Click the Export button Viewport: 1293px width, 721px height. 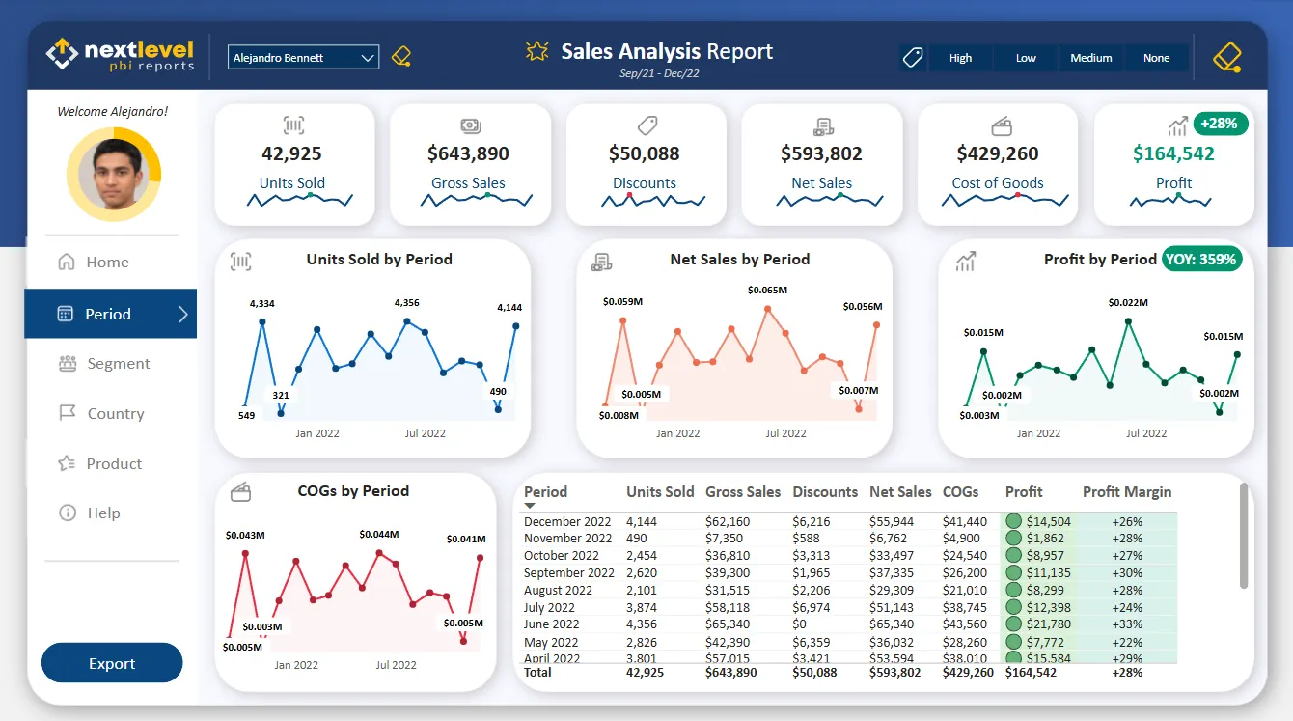tap(112, 663)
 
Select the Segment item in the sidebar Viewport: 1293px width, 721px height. tap(118, 364)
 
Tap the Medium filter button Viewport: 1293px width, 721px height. tap(1090, 58)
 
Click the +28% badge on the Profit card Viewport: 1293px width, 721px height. tap(1221, 124)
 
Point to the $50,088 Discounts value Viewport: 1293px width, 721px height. tap(644, 153)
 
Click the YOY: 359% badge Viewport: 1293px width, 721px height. tap(1200, 259)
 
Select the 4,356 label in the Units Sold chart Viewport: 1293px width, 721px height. tap(406, 303)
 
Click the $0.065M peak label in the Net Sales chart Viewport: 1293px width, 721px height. tap(767, 290)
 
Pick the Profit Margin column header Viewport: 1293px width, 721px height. tap(1126, 492)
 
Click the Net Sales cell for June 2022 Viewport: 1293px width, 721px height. tap(892, 624)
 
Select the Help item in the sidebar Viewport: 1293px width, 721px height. tap(103, 513)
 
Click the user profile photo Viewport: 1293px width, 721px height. tap(113, 175)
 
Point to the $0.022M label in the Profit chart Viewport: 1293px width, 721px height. tap(1127, 302)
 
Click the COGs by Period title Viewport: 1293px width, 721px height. tap(353, 491)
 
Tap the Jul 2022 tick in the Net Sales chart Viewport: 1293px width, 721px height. tap(785, 433)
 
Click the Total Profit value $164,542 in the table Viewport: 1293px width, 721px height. tap(1031, 672)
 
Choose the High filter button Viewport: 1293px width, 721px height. tap(960, 58)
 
